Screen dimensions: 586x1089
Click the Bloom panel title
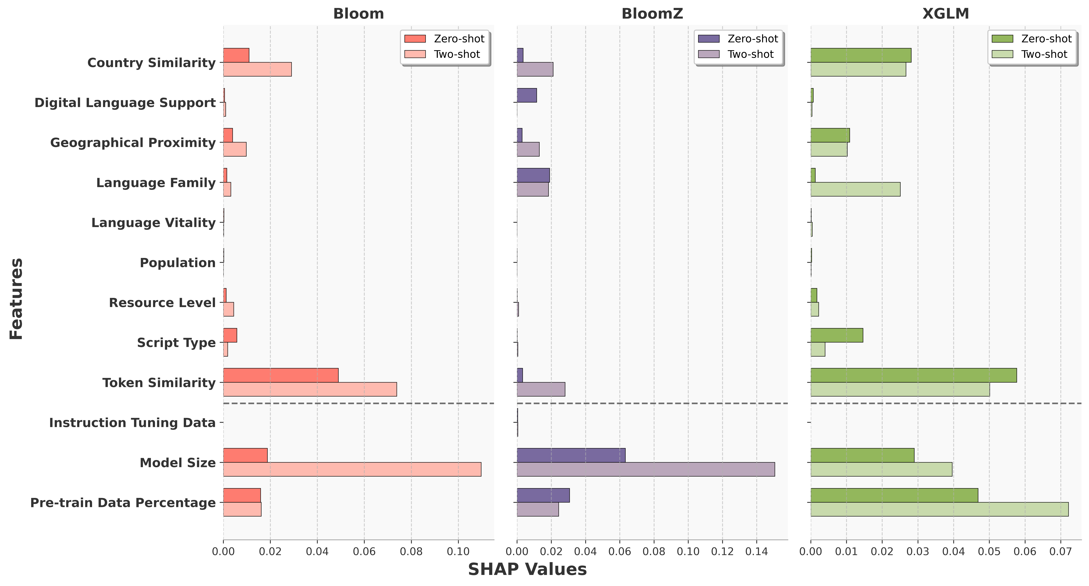(358, 14)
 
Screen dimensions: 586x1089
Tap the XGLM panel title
(946, 14)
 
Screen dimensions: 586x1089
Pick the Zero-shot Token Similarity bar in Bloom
(281, 375)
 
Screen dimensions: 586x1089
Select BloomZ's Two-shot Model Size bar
(645, 469)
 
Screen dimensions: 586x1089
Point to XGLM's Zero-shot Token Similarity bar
(914, 375)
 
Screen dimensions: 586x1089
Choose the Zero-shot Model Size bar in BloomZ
(571, 455)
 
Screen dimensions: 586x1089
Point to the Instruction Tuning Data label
(132, 423)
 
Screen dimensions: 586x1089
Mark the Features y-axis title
(16, 299)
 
